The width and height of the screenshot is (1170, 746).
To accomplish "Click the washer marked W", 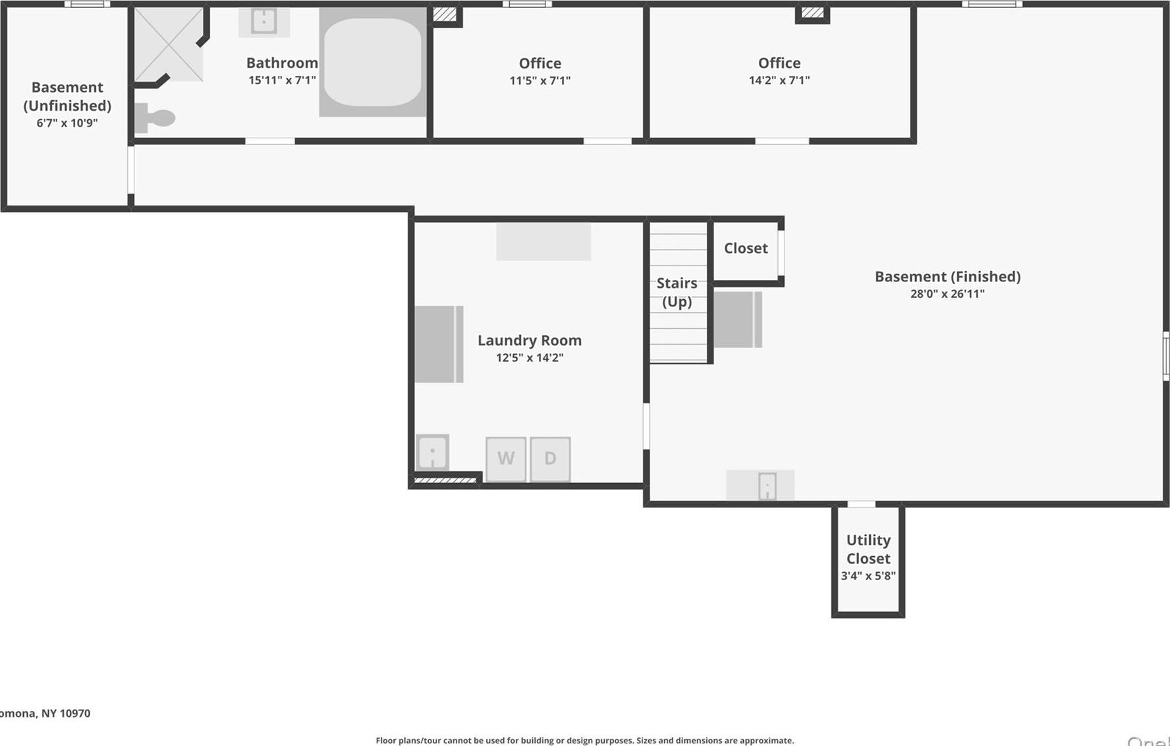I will coord(506,459).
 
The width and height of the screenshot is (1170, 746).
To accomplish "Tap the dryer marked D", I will coord(550,459).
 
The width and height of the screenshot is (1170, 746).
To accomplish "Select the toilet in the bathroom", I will coord(155,118).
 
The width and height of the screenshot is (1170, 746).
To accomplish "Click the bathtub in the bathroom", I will coord(373,61).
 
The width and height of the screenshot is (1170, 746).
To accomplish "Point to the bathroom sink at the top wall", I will coord(264,21).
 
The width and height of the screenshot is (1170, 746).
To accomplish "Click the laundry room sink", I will coord(433,452).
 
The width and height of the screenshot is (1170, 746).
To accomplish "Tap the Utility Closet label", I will coord(868,549).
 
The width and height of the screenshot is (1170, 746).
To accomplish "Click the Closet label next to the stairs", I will coord(746,248).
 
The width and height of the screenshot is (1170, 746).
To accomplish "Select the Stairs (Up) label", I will coord(677,292).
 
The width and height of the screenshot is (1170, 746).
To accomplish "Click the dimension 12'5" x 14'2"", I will coord(530,358).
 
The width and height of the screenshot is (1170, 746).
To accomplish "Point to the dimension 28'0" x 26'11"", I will coord(947,294).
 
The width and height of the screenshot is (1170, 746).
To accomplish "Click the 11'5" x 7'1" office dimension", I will coord(540,80).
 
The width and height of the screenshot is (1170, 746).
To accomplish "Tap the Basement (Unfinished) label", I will coord(67,96).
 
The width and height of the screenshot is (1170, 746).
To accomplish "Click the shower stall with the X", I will coord(169,44).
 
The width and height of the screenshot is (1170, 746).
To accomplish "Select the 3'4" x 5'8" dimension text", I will coord(868,576).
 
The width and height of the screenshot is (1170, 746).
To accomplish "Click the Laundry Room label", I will coord(530,340).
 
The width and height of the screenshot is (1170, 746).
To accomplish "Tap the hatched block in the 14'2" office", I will coord(812,13).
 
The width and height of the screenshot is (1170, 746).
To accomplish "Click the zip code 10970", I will coord(75,713).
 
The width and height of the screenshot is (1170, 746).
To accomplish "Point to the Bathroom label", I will coord(282,63).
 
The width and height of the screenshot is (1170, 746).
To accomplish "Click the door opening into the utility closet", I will coord(861,504).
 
